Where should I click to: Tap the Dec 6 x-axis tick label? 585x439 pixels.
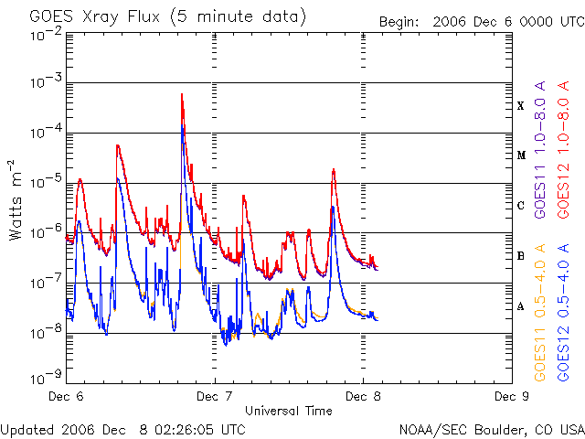tap(66, 397)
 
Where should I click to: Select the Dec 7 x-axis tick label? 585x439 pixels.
tap(215, 397)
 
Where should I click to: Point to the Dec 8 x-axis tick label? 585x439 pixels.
tap(363, 397)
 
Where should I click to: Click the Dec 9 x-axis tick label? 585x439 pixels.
tap(511, 397)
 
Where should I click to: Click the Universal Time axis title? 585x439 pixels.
tap(288, 411)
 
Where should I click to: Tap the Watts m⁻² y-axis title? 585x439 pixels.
tap(16, 199)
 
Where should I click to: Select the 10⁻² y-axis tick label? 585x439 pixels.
tap(44, 35)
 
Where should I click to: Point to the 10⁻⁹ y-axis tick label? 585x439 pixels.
tap(44, 376)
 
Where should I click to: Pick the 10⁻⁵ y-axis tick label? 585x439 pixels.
tap(44, 181)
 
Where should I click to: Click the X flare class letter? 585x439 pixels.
tap(521, 106)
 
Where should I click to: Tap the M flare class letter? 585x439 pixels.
tap(521, 155)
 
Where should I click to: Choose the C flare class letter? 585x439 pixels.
tap(521, 206)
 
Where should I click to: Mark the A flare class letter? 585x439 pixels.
tap(521, 306)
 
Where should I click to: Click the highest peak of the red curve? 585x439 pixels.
tap(182, 94)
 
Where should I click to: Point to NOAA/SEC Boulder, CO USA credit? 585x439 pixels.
tap(491, 429)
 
